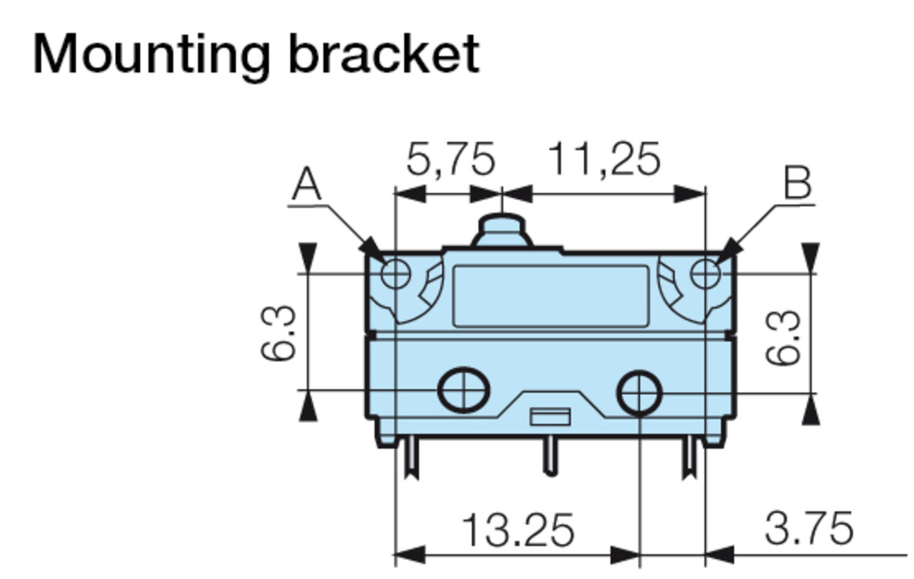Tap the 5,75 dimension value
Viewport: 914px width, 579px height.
[450, 160]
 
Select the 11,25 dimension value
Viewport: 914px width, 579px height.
[604, 160]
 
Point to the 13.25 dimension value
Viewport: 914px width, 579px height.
[518, 530]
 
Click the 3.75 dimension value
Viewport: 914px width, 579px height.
[809, 528]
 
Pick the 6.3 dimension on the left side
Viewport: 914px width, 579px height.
[278, 333]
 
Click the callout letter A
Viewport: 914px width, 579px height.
[306, 184]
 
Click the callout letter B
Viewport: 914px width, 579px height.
[798, 182]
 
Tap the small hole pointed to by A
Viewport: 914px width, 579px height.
[395, 274]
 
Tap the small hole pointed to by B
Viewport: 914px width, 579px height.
[706, 274]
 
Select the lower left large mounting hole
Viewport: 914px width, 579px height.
[464, 389]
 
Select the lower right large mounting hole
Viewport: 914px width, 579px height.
[639, 393]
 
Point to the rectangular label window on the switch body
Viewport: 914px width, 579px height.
[550, 296]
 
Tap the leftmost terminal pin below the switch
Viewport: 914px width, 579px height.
[411, 457]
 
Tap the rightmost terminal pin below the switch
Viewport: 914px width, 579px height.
[689, 457]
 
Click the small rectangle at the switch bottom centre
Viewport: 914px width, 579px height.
[550, 417]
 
